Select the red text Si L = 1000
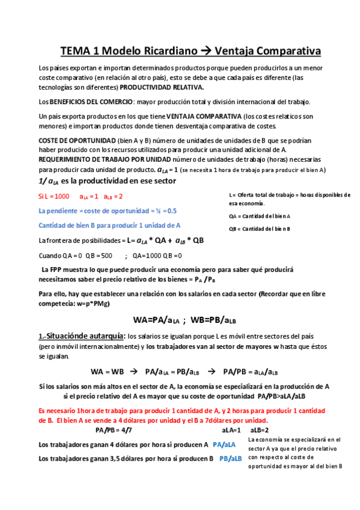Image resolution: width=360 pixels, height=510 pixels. pyautogui.click(x=53, y=196)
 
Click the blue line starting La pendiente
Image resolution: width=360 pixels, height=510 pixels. pyautogui.click(x=108, y=210)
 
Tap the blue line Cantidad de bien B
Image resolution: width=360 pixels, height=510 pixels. pyautogui.click(x=109, y=226)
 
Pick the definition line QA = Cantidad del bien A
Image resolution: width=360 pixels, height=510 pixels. pyautogui.click(x=260, y=215)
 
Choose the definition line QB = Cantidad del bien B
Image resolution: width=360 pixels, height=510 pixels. pyautogui.click(x=260, y=229)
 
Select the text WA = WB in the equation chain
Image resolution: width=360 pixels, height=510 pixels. pyautogui.click(x=107, y=371)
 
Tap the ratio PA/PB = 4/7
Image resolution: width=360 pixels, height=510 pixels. pyautogui.click(x=114, y=430)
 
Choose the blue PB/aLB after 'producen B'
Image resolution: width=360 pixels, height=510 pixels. pyautogui.click(x=230, y=458)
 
